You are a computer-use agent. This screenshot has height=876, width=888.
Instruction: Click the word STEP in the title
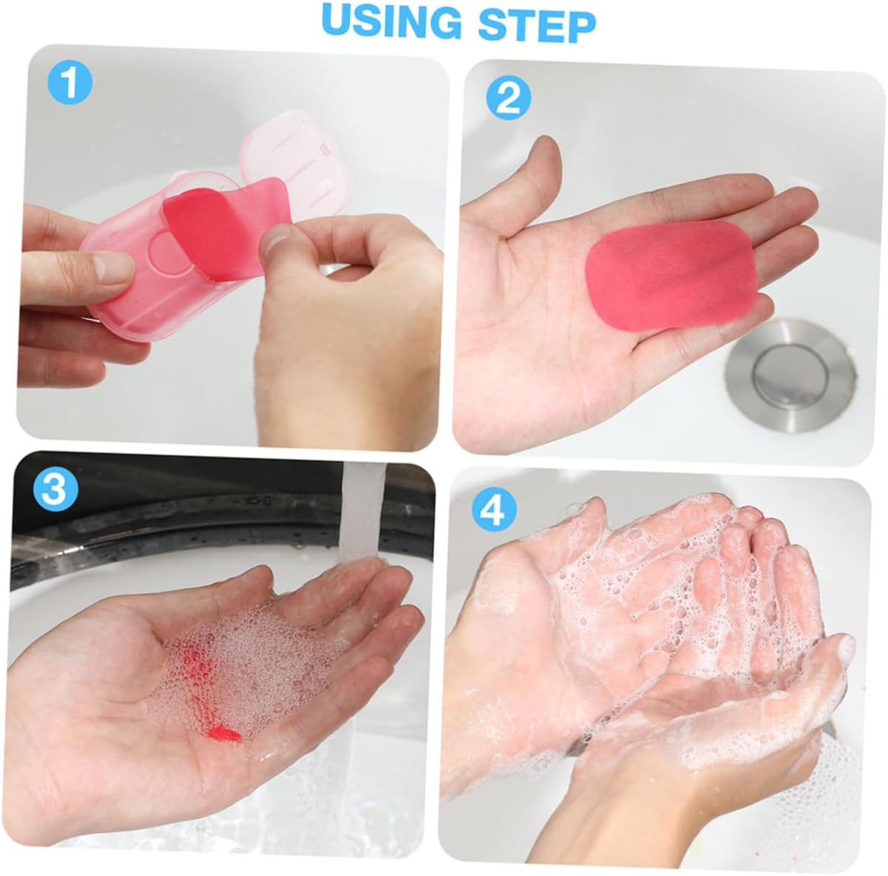[x=537, y=21]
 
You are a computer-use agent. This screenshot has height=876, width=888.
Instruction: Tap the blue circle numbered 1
[x=70, y=83]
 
